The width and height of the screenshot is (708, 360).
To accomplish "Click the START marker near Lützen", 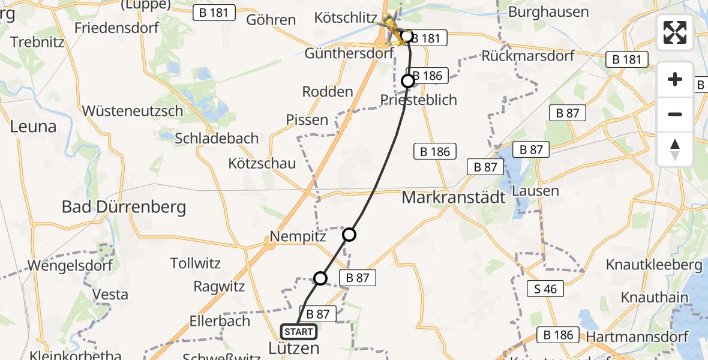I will [x=298, y=332].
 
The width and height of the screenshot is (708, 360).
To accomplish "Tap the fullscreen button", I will [x=675, y=32].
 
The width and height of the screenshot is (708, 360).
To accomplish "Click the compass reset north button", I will [x=675, y=149].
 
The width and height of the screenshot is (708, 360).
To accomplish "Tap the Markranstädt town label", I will [x=454, y=197].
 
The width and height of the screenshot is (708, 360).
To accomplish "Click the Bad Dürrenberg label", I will [x=124, y=208].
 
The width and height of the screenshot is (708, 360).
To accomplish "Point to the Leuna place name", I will [x=33, y=127].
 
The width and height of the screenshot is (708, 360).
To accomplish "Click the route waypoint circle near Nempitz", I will [x=349, y=235].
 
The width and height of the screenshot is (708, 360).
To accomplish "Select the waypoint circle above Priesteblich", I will [x=408, y=80].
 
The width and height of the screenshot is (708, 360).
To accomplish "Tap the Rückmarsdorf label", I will [x=529, y=56].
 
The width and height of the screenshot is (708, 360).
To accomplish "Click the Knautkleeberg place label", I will [x=654, y=265].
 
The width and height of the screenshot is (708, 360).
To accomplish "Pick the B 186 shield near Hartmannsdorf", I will [x=559, y=335].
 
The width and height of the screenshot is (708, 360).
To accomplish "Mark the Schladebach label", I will [x=217, y=138].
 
